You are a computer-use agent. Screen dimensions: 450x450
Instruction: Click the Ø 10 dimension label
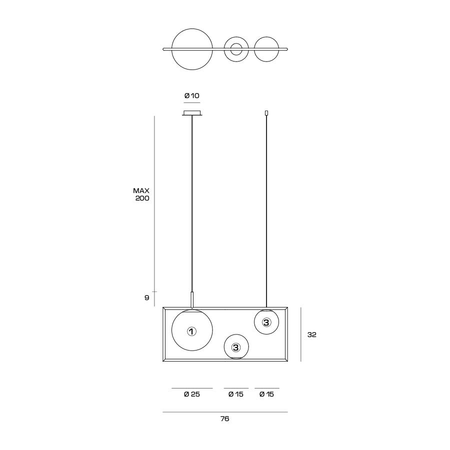click(191, 95)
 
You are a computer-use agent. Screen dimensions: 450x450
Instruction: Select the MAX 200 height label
click(141, 194)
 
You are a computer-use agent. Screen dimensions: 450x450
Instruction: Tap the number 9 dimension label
click(146, 297)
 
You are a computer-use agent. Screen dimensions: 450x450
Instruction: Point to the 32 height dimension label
click(311, 334)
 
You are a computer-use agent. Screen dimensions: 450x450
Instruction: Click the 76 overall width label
click(224, 418)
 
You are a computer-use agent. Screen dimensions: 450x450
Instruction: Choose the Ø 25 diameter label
click(191, 394)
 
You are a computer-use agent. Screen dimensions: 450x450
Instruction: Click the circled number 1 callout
click(191, 331)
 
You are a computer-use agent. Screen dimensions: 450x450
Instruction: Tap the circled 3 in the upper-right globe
click(266, 322)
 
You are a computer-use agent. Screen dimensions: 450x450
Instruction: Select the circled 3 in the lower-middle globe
click(235, 347)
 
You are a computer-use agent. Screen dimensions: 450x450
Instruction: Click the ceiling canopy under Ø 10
click(192, 113)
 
